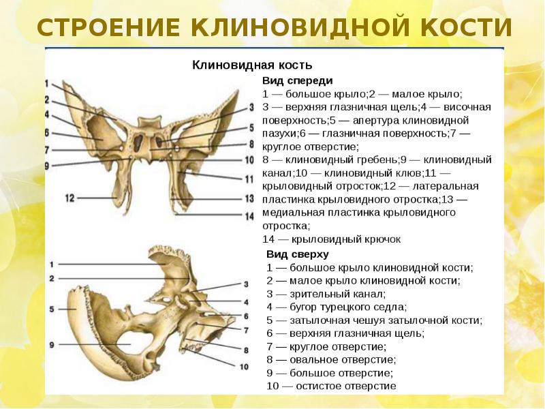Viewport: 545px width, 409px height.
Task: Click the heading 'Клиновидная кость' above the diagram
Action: (x=252, y=65)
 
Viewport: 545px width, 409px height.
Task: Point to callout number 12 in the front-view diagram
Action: (x=69, y=198)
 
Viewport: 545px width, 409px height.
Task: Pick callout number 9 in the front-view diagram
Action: (x=46, y=166)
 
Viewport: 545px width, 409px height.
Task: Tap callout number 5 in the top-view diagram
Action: (x=51, y=309)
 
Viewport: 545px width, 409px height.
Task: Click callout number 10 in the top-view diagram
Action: (x=244, y=367)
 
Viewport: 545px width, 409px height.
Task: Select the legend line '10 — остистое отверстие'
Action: (x=331, y=386)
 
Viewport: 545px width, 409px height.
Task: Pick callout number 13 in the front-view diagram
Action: (x=251, y=198)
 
